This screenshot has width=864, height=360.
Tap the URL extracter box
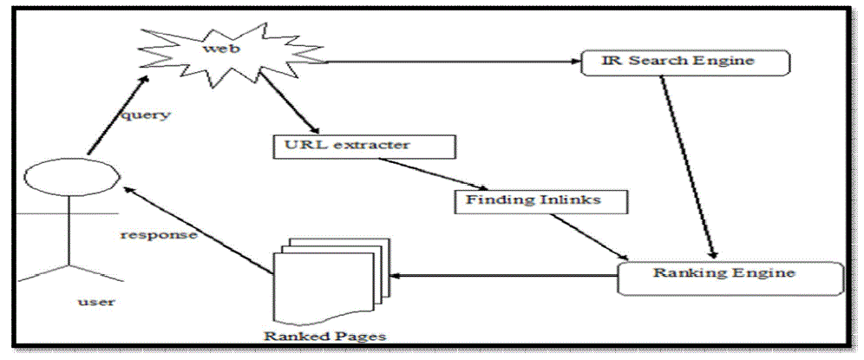(363, 145)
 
